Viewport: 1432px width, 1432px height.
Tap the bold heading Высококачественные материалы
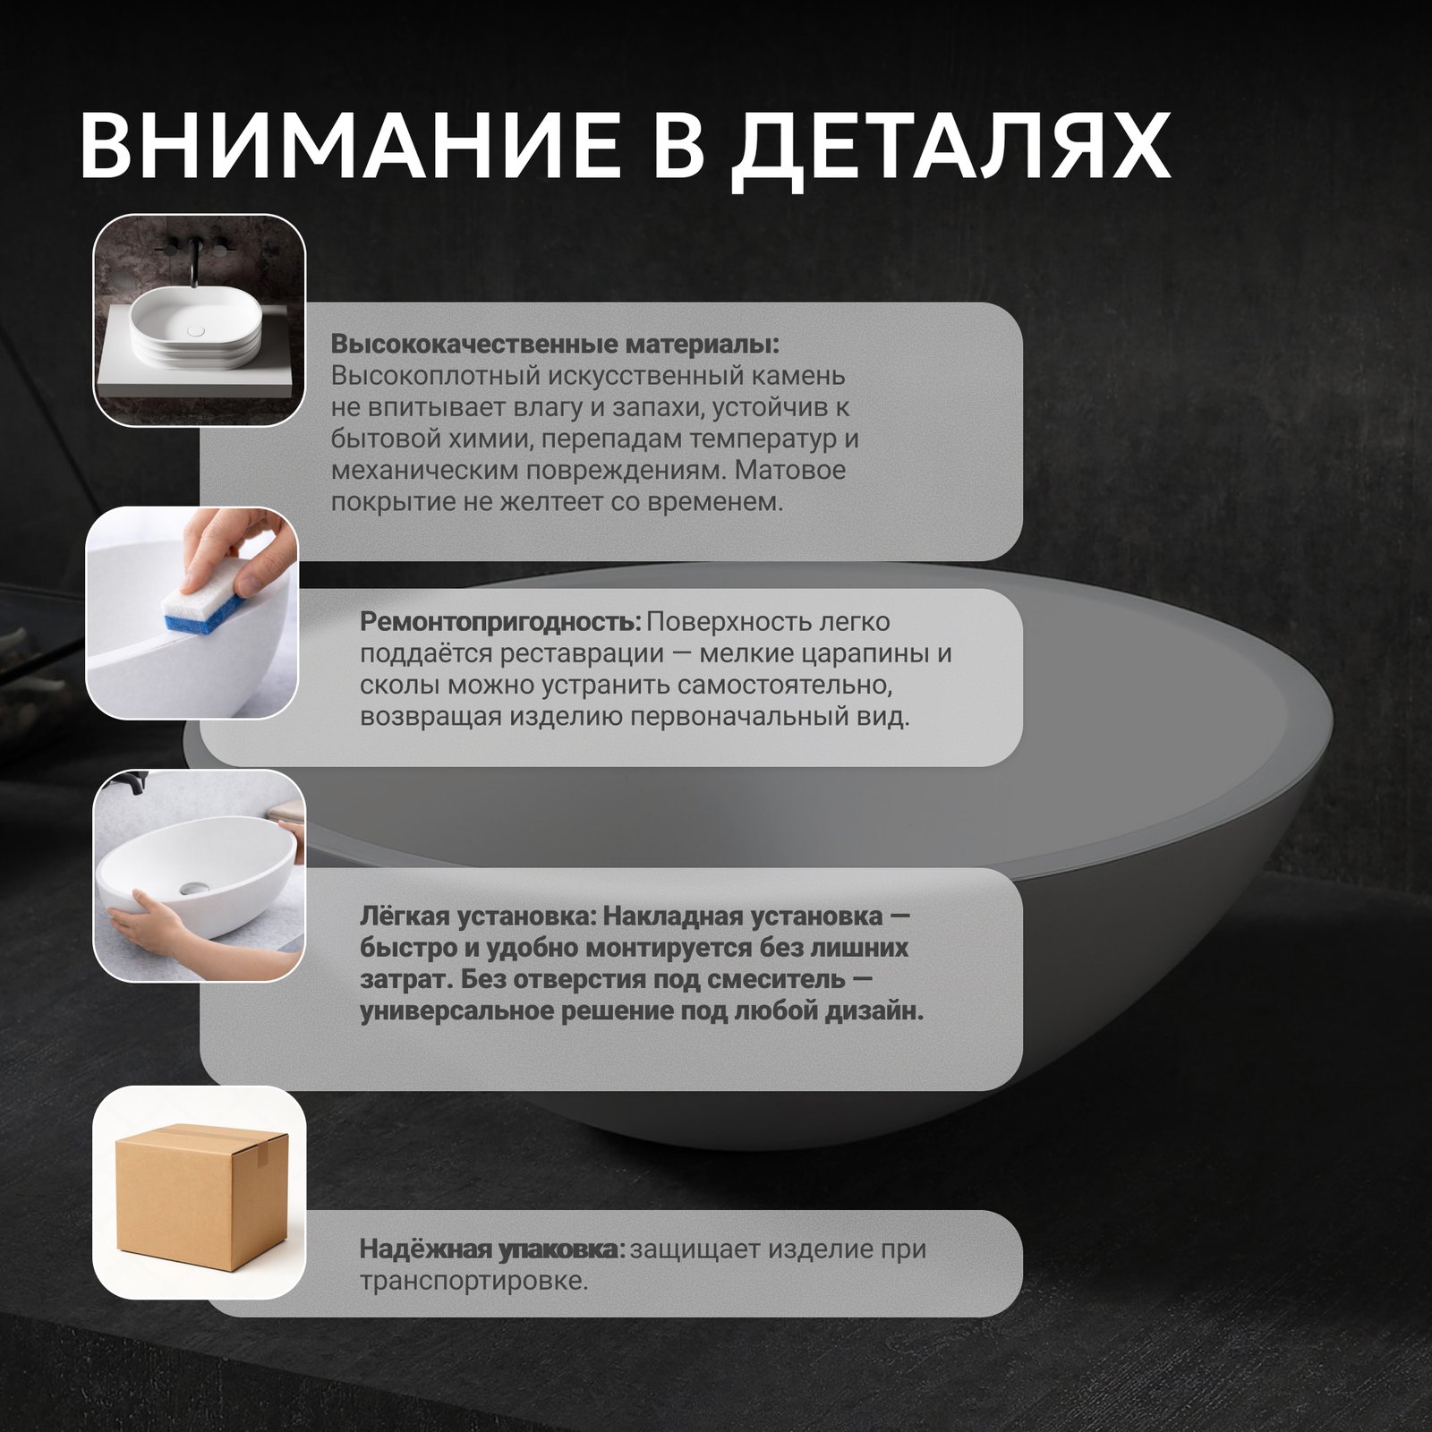555,345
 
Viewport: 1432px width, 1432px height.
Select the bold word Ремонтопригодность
500,623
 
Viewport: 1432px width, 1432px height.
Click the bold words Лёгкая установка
477,916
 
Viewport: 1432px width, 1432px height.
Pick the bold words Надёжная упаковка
491,1249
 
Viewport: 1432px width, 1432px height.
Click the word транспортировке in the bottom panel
473,1282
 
